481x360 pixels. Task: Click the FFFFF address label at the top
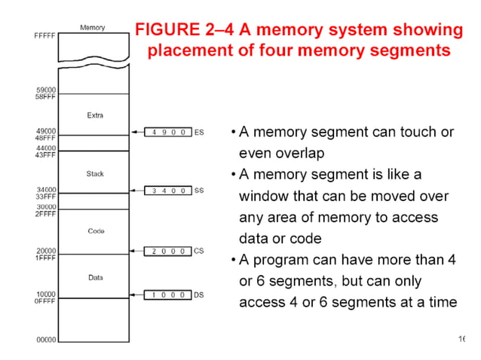[x=44, y=35]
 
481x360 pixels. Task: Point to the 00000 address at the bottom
[x=47, y=340]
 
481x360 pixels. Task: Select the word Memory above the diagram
[x=93, y=28]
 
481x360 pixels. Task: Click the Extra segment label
[x=95, y=115]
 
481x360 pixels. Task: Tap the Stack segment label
[x=95, y=174]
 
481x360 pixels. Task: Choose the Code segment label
[x=96, y=230]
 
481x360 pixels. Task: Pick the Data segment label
[x=96, y=277]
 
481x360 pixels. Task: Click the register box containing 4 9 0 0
[x=168, y=132]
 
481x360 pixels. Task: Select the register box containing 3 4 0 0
[x=168, y=191]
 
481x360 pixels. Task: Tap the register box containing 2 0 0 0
[x=168, y=251]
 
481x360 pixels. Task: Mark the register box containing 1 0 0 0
[x=168, y=294]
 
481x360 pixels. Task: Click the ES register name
[x=199, y=132]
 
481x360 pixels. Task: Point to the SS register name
[x=199, y=191]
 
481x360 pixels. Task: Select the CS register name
[x=199, y=251]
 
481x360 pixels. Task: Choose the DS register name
[x=199, y=294]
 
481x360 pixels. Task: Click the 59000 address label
[x=46, y=90]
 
